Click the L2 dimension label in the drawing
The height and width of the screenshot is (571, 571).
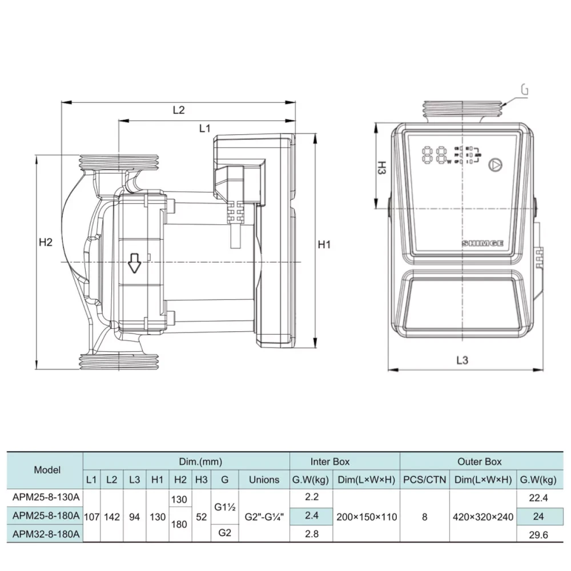(x=178, y=110)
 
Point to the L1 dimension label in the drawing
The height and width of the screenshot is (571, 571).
(x=205, y=128)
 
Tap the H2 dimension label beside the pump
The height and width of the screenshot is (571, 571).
(x=45, y=242)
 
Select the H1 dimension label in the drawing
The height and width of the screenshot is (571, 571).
(x=324, y=245)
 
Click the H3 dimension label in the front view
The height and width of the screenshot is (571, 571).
(x=382, y=167)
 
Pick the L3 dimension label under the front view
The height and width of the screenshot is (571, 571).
(x=462, y=360)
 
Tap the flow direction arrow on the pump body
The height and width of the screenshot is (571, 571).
(x=135, y=263)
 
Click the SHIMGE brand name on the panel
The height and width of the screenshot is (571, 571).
(x=482, y=244)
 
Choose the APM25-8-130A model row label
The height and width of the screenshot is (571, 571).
(x=46, y=497)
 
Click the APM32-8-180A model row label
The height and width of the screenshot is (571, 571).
(x=46, y=534)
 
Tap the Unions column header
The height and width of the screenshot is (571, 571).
(x=264, y=480)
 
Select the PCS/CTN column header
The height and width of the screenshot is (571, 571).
(x=424, y=480)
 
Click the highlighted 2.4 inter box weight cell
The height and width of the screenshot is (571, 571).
(x=312, y=516)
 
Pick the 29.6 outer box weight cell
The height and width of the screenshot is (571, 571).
(x=538, y=535)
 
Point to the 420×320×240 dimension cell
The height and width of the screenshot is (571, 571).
(x=483, y=517)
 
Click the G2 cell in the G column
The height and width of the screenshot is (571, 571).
(x=225, y=532)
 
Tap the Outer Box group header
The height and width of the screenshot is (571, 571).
(x=479, y=462)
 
